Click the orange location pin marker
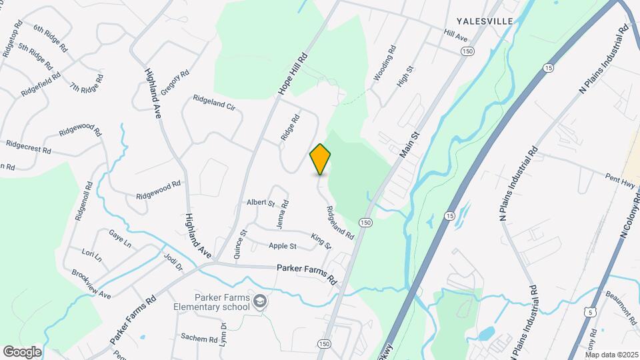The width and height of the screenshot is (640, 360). [321, 159]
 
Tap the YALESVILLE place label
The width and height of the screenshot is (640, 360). [485, 21]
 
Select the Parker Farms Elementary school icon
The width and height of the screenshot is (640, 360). [259, 303]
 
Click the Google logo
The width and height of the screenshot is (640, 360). [22, 351]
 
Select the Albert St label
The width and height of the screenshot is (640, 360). [261, 202]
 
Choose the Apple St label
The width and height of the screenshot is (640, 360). [283, 246]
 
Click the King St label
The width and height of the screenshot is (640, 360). [321, 241]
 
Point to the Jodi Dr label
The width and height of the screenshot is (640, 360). [172, 261]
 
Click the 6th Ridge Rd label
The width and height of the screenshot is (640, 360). [50, 39]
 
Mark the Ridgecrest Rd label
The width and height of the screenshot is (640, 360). [28, 146]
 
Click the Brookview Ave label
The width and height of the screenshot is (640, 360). [91, 285]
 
